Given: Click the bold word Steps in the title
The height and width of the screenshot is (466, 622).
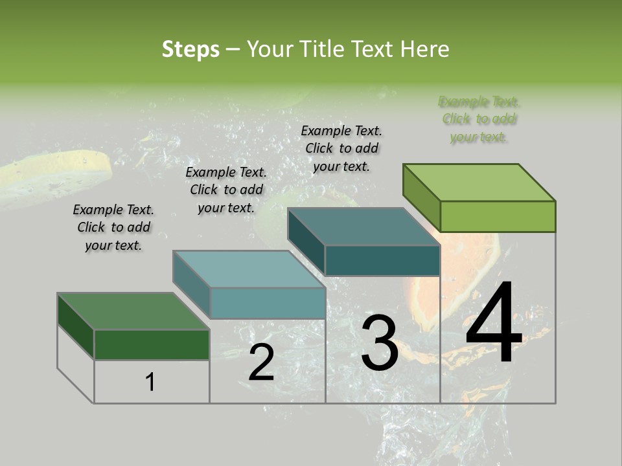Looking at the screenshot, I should pos(190,49).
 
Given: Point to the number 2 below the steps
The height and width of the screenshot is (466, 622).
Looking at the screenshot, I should pos(261,362).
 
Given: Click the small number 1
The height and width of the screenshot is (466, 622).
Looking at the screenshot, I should pos(150,382).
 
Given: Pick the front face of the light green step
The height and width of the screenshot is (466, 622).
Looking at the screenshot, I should pos(498,216).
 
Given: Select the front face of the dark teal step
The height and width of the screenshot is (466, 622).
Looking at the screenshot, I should pos(382,260).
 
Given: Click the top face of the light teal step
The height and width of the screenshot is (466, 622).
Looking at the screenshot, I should pos(249,269).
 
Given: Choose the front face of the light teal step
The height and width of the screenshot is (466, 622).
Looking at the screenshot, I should pos(268,303).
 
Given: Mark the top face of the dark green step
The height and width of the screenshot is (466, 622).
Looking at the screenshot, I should pos(133,311).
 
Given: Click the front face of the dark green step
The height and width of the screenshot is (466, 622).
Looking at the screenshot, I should pos(152,344).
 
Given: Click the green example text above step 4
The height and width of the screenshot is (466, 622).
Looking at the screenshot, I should pos(479,119).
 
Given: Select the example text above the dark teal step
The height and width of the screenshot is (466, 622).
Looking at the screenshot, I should pos(342,148).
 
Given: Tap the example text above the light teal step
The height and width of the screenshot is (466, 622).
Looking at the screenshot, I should pos(226,190).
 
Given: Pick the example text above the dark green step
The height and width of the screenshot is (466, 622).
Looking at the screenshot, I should pos(113,227).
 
